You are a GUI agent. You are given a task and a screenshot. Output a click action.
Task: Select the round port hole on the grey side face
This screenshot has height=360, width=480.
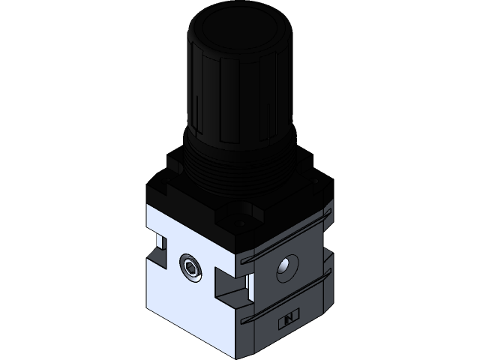[285, 268]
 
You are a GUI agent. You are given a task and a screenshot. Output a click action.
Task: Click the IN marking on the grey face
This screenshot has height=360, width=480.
[288, 321]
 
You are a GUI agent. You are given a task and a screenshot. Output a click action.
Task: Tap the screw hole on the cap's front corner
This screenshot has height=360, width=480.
[243, 223]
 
